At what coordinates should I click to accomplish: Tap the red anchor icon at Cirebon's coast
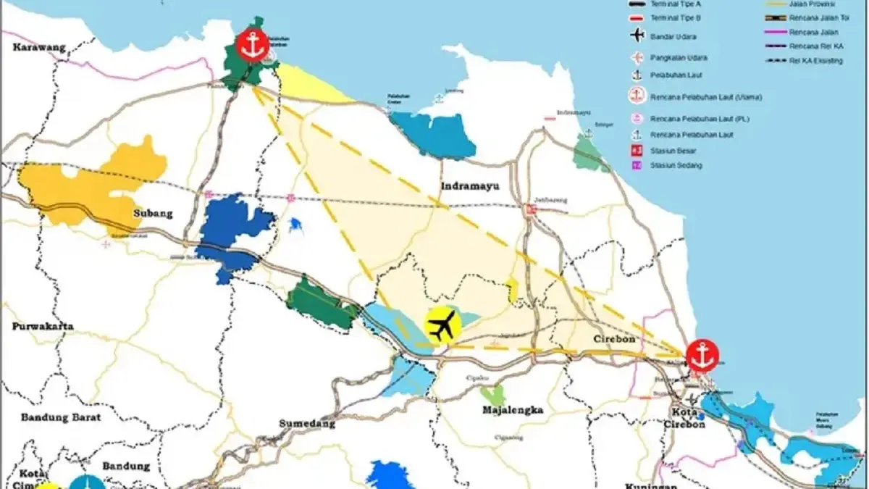[x=701, y=355]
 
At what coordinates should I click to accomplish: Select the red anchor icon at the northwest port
[x=252, y=46]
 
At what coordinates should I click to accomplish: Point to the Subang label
[x=153, y=214]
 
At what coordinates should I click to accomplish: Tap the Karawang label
[x=39, y=48]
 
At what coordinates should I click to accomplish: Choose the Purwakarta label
[x=42, y=327]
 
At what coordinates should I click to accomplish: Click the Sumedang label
[x=307, y=424]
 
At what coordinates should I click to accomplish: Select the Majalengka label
[x=513, y=410]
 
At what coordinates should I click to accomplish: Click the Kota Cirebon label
[x=685, y=418]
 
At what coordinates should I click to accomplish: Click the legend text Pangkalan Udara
[x=679, y=57]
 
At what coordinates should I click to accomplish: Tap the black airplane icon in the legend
[x=637, y=35]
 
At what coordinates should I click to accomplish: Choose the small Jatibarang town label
[x=552, y=201]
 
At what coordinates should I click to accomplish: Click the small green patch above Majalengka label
[x=493, y=395]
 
